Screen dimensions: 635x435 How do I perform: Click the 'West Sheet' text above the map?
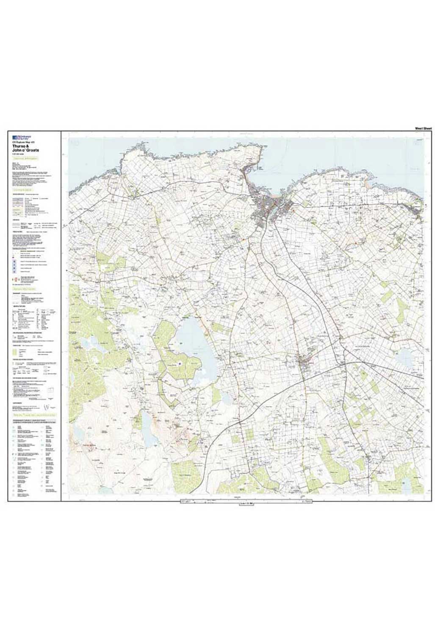click(423, 128)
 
